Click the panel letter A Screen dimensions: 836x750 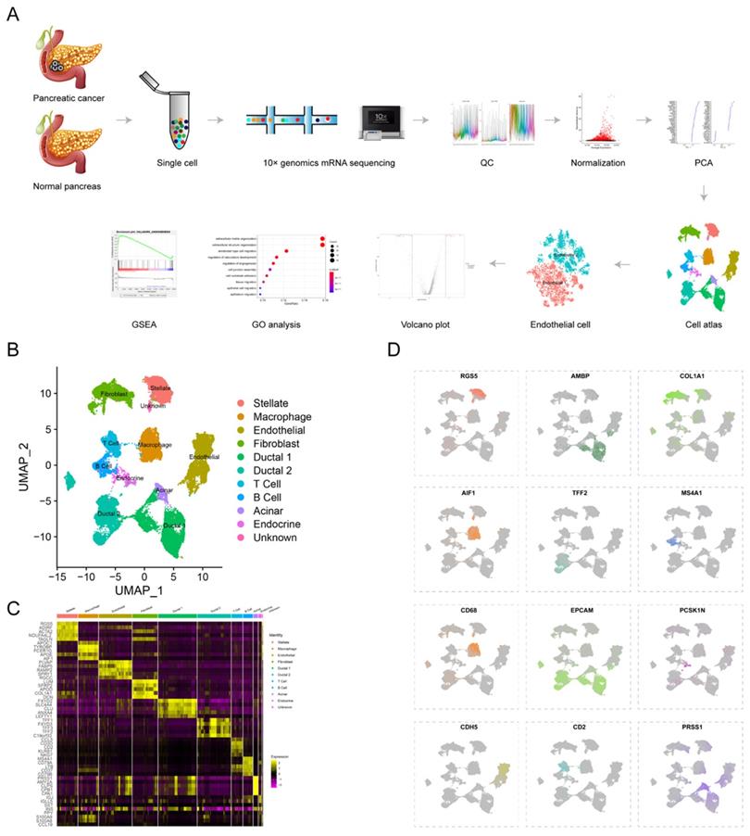point(13,16)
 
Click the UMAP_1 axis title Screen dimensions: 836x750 point(143,589)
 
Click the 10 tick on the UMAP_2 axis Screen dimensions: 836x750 point(48,393)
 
